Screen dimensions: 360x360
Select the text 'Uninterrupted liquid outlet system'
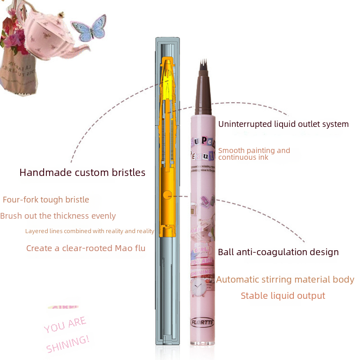coord(283,124)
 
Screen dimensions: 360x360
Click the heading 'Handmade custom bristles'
coord(82,172)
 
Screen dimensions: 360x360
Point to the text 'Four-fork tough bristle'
coord(46,200)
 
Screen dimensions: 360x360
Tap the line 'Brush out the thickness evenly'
coord(58,216)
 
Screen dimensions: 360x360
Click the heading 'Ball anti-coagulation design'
coord(278,252)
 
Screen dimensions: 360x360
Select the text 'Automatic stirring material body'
coord(285,280)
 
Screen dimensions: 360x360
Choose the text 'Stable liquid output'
coord(283,296)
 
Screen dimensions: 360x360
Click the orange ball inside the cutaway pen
coord(167,195)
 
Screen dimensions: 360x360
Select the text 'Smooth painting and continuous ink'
coord(254,154)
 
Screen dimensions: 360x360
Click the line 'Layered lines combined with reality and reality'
coord(90,231)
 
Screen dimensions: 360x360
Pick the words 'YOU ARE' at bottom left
coord(65,325)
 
